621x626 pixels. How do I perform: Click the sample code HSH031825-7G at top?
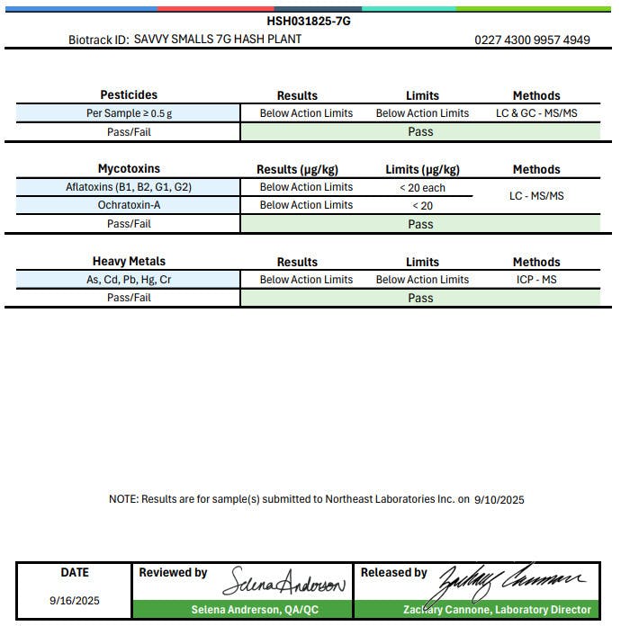click(309, 21)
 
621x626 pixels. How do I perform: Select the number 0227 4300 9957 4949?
click(532, 40)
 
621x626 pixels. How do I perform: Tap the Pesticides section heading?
click(129, 94)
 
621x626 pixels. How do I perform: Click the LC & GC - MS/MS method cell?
click(536, 113)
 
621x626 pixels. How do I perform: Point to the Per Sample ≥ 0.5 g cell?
click(129, 113)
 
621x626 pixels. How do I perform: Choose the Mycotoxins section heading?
click(129, 168)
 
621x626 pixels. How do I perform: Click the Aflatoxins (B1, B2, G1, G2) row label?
click(129, 187)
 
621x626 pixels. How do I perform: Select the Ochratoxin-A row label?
click(129, 205)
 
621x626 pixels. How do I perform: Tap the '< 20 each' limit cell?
click(422, 188)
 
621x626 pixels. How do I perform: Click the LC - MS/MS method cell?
click(536, 196)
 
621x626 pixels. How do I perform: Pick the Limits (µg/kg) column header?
click(422, 169)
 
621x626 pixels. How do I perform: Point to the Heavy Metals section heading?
click(129, 262)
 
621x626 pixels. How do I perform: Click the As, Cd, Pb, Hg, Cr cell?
click(129, 280)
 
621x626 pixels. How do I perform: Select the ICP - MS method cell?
click(536, 280)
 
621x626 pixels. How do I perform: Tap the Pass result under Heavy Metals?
click(420, 298)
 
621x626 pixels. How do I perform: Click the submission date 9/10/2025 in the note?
click(499, 499)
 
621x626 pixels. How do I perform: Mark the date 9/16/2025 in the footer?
click(75, 600)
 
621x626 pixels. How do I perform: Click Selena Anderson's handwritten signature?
click(284, 582)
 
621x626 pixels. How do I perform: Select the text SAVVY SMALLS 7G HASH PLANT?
click(218, 40)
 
